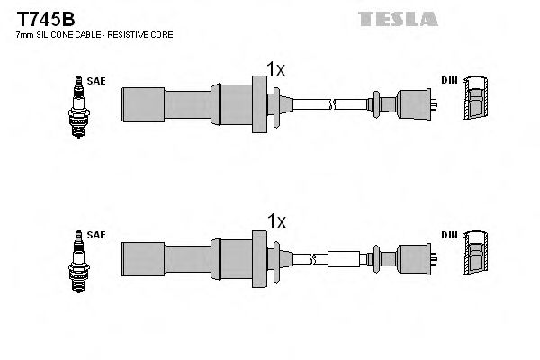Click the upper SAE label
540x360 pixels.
pos(97,81)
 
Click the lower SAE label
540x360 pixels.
pos(97,235)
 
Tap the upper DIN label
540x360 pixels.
pos(448,81)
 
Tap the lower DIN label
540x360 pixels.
pos(448,235)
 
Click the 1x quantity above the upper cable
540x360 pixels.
pos(276,68)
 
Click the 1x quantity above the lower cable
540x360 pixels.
pos(276,221)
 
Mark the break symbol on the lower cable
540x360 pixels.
pos(312,259)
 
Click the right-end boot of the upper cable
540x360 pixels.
pos(415,103)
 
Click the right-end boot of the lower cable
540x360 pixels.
pos(415,259)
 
